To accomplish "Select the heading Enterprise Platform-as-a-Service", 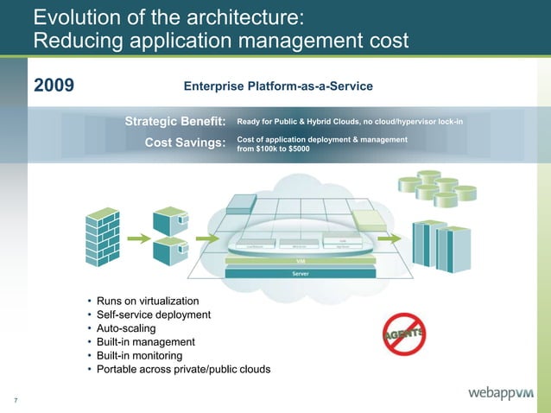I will coord(278,86).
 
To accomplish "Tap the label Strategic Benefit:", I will coord(175,121).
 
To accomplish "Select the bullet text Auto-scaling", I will coord(126,328).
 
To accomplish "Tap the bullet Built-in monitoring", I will coord(139,356).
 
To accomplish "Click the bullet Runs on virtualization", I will coord(148,301).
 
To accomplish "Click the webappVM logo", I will coord(501,394).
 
